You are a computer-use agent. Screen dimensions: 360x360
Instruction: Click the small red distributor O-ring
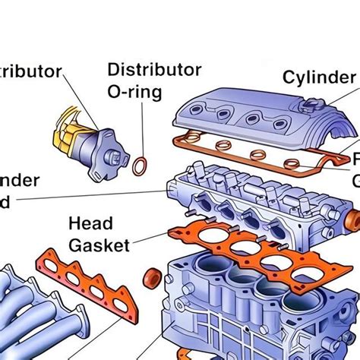tap(141, 165)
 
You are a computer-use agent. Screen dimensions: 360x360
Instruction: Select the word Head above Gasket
tap(90, 223)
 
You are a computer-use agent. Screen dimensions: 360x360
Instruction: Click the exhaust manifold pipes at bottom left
tap(38, 319)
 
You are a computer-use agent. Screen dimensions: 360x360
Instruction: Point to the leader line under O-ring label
tap(141, 129)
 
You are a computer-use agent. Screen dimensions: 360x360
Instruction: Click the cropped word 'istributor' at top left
tap(30, 72)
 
